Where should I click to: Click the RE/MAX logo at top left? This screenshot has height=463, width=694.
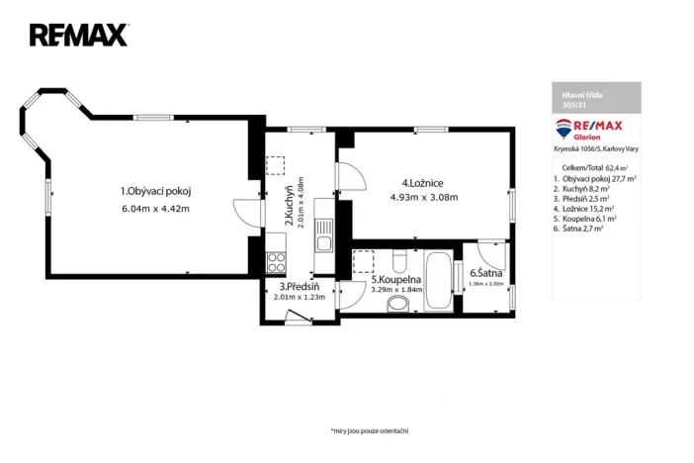[x=79, y=36]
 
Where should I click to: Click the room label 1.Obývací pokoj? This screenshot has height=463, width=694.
[x=155, y=191]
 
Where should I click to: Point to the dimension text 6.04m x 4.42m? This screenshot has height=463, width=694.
[x=155, y=209]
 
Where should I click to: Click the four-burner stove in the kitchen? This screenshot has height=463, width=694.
[x=277, y=263]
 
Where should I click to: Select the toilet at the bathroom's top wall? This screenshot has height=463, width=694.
[x=396, y=260]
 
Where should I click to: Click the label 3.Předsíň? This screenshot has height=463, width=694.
[x=299, y=287]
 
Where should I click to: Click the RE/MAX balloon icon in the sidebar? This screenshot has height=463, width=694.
[x=564, y=127]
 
